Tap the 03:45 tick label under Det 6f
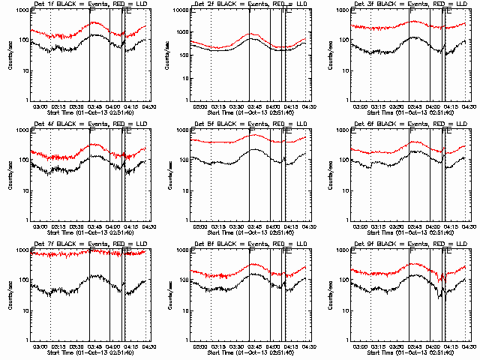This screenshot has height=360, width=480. [415, 226]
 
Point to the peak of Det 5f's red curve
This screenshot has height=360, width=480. [256, 135]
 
